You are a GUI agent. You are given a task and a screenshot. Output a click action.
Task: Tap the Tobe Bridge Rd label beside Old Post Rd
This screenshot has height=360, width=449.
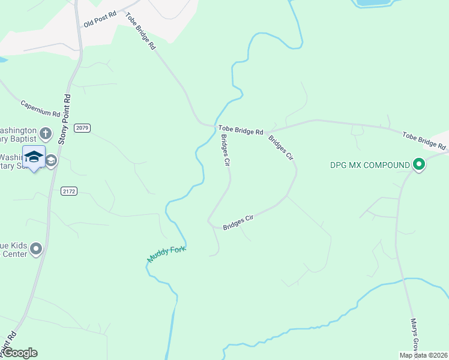point(141,31)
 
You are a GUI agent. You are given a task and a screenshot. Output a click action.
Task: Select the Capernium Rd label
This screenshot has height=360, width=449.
point(41,108)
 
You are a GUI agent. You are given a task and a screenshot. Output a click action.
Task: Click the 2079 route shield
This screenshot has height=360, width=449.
point(82,128)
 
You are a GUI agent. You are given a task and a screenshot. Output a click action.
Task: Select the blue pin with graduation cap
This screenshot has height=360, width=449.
point(34,157)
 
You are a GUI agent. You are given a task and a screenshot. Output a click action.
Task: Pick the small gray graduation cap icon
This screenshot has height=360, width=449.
point(52,160)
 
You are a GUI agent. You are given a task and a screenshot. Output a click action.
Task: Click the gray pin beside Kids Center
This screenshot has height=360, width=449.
point(36,248)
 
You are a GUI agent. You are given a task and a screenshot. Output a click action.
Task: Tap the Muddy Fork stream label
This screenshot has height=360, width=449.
point(167,254)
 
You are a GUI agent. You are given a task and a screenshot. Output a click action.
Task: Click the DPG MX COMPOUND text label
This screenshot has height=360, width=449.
point(370,164)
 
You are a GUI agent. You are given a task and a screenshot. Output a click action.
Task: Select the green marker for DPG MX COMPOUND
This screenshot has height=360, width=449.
point(419,164)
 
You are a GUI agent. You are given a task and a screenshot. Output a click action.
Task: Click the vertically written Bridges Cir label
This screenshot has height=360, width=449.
point(226,149)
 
